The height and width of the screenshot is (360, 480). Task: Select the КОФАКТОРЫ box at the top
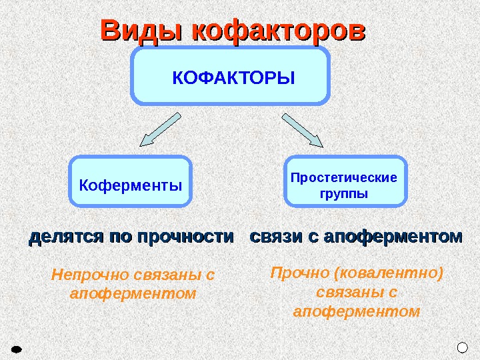pyautogui.click(x=232, y=76)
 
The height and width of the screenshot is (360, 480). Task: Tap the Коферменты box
pyautogui.click(x=131, y=181)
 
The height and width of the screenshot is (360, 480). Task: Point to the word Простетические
pyautogui.click(x=344, y=178)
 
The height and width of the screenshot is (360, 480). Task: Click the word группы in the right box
pyautogui.click(x=344, y=195)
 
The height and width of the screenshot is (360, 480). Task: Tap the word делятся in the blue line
pyautogui.click(x=62, y=237)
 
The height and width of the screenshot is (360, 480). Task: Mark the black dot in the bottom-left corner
pyautogui.click(x=18, y=349)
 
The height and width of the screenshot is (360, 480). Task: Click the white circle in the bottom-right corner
pyautogui.click(x=463, y=347)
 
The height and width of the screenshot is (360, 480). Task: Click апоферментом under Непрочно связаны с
pyautogui.click(x=133, y=293)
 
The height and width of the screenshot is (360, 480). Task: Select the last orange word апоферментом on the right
pyautogui.click(x=357, y=311)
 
